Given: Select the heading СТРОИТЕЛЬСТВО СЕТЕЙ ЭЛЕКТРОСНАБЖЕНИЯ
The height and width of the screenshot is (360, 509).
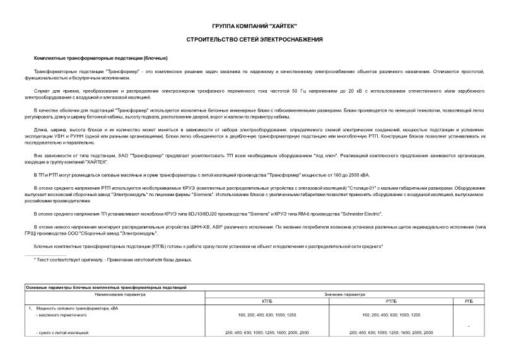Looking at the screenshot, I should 254,40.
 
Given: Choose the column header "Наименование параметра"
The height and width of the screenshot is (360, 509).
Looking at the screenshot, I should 120,294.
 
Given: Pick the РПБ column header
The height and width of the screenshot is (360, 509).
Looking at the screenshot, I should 468,301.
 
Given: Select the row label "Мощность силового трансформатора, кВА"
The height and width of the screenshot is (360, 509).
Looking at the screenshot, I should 79,308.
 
